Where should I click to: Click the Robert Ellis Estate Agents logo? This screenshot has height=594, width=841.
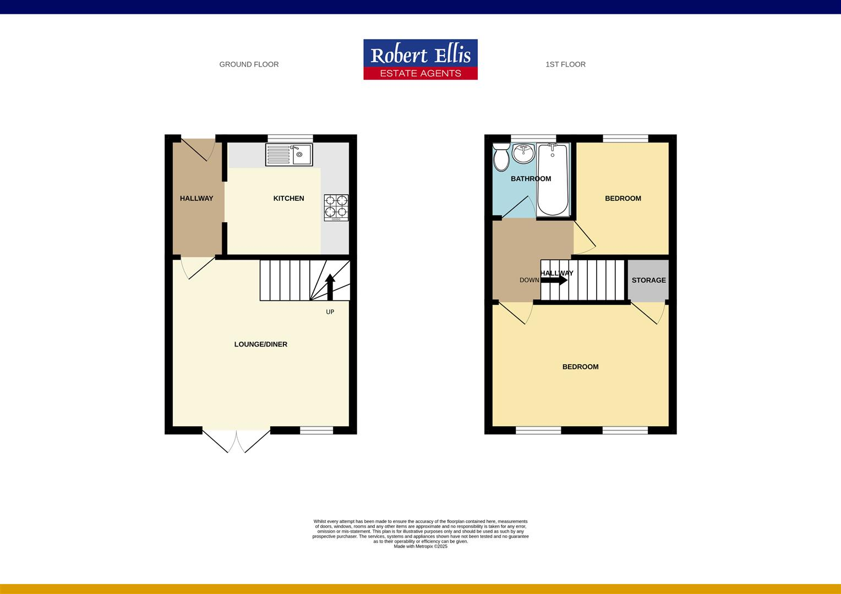tap(420, 59)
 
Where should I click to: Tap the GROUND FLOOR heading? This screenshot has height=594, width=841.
tap(249, 64)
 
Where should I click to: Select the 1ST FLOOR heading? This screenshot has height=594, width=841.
tap(565, 64)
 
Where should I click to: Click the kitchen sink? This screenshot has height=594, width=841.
tap(289, 155)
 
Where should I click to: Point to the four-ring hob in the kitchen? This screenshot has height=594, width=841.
tap(336, 207)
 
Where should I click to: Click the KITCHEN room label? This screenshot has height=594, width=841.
tap(288, 199)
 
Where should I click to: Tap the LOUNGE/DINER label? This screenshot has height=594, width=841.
tap(261, 344)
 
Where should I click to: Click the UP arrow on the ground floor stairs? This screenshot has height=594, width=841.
tap(330, 286)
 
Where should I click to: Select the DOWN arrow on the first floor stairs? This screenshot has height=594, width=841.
tap(554, 280)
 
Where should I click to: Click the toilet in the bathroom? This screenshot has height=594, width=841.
tap(501, 157)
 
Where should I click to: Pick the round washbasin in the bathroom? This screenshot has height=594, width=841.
tap(523, 153)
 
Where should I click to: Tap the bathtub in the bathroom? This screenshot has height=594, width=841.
tap(553, 179)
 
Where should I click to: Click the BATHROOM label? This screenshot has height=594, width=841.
tap(531, 179)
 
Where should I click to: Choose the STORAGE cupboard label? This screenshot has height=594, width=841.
tap(648, 280)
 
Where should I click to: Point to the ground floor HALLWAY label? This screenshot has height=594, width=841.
tap(196, 199)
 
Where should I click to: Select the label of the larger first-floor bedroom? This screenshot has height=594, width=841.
tap(580, 367)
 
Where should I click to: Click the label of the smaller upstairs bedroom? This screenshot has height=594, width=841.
tap(622, 199)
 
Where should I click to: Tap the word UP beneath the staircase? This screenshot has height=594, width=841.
tap(330, 312)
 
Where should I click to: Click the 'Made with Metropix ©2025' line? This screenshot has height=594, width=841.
tap(420, 546)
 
